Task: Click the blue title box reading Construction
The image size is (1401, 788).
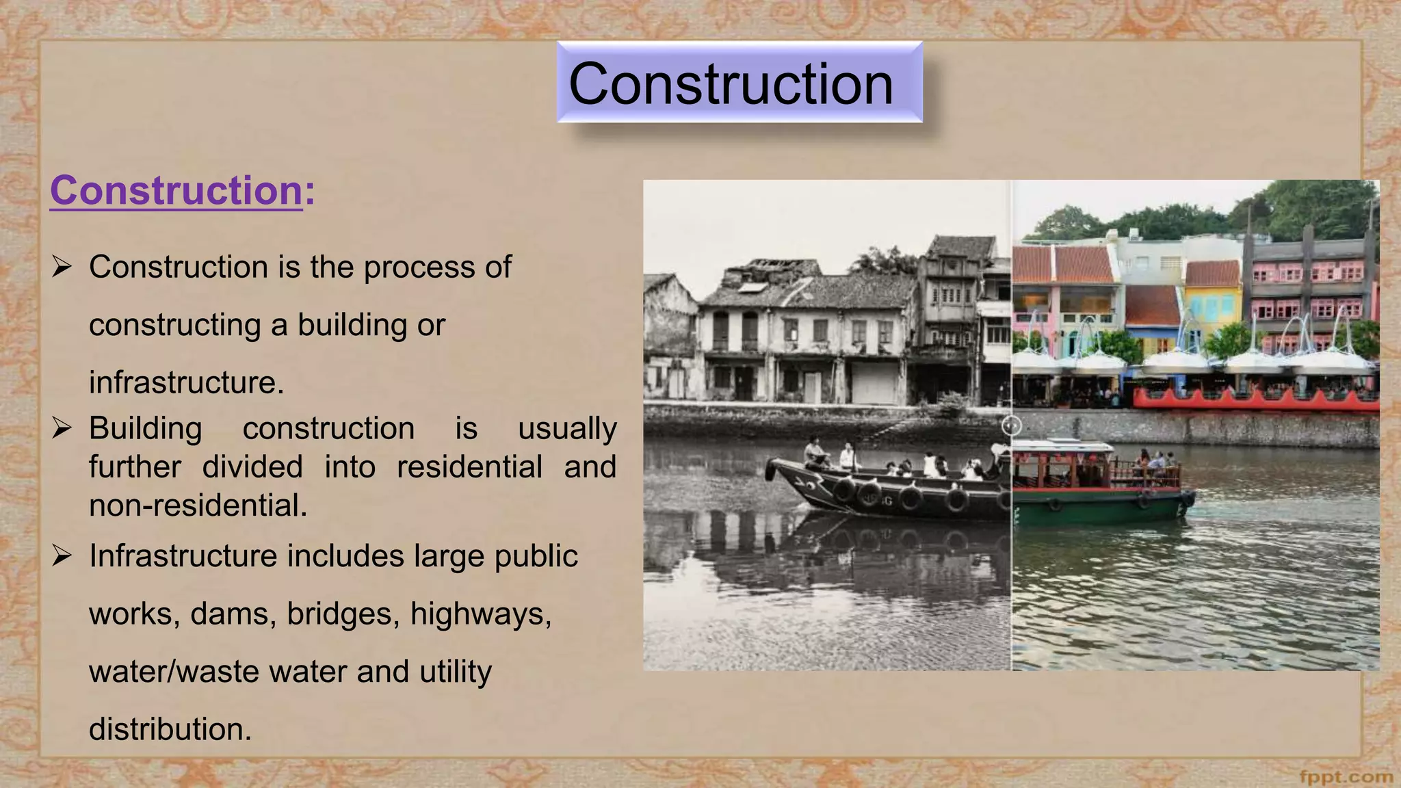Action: (x=739, y=83)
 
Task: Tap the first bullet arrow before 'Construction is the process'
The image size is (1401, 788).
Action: (x=62, y=267)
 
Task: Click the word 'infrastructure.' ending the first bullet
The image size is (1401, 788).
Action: (x=186, y=382)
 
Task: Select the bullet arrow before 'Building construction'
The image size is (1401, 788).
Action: (x=62, y=429)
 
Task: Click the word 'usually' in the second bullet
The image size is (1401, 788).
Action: (x=566, y=429)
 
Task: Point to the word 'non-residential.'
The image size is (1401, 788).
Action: (x=198, y=506)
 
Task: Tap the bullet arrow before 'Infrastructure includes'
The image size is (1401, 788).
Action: (x=62, y=556)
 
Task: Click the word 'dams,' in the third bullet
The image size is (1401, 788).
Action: (x=233, y=614)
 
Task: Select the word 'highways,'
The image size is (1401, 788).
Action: (x=481, y=614)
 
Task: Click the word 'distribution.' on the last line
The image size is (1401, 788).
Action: (x=170, y=729)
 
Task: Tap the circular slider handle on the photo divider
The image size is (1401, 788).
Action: (x=1012, y=425)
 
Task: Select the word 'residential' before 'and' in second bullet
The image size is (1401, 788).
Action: (x=469, y=467)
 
